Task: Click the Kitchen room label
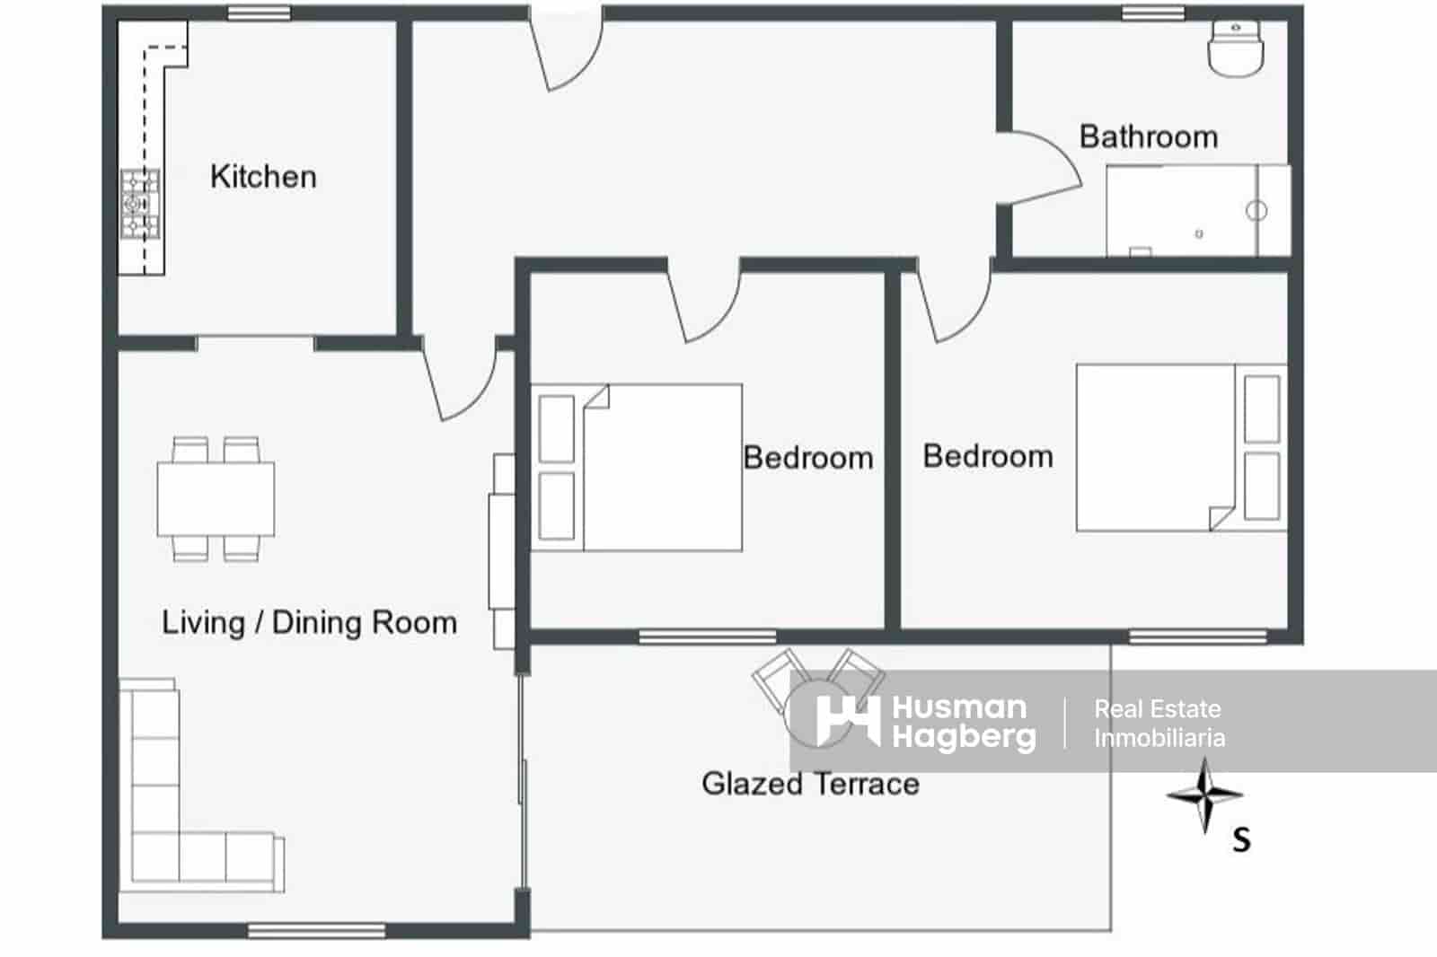point(263,177)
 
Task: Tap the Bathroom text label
point(1148,136)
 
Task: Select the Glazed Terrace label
point(810,784)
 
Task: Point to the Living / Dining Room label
point(309,622)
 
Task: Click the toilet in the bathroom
point(1236,48)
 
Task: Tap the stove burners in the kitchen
point(140,205)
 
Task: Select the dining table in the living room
point(216,499)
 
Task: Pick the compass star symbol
point(1204,795)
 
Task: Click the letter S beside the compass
point(1241,840)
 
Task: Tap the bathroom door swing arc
point(1042,166)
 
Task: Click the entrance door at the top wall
point(566,49)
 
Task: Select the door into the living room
point(460,382)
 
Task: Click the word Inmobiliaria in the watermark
point(1159,739)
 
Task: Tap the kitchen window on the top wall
point(259,13)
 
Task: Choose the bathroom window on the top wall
point(1153,13)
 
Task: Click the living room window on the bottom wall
point(316,931)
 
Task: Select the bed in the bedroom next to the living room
point(638,468)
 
